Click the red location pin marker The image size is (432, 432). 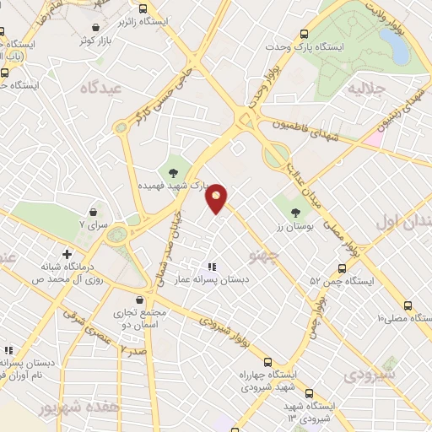[217, 198]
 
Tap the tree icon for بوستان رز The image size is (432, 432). [294, 213]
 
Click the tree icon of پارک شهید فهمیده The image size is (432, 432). [175, 172]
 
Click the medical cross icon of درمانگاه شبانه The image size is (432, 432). [67, 253]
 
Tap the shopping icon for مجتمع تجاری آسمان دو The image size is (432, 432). [140, 300]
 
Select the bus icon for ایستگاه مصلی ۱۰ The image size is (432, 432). [408, 307]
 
